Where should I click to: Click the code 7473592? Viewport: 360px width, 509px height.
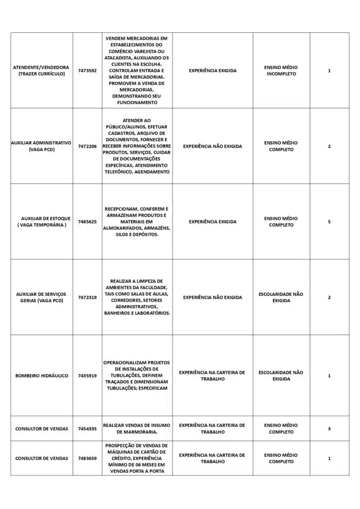pyautogui.click(x=87, y=71)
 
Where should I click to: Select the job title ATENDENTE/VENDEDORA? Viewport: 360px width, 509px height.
pyautogui.click(x=41, y=67)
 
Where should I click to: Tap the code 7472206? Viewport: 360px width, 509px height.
pyautogui.click(x=87, y=146)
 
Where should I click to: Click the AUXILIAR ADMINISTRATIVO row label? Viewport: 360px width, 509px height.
pyautogui.click(x=41, y=143)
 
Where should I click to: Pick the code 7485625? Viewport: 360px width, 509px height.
pyautogui.click(x=87, y=222)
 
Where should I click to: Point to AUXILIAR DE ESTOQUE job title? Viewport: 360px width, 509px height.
pyautogui.click(x=46, y=218)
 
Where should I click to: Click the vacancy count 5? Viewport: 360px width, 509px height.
pyautogui.click(x=329, y=222)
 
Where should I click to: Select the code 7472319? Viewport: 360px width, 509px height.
pyautogui.click(x=87, y=297)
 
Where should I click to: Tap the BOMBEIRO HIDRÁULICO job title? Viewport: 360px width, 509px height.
pyautogui.click(x=42, y=376)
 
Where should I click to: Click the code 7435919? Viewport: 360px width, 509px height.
pyautogui.click(x=87, y=376)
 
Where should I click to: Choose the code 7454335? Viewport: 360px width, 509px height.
pyautogui.click(x=87, y=428)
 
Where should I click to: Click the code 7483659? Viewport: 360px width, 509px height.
pyautogui.click(x=87, y=458)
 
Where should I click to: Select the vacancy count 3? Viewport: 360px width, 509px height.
pyautogui.click(x=329, y=428)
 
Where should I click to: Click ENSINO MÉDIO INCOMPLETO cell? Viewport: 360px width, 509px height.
pyautogui.click(x=281, y=71)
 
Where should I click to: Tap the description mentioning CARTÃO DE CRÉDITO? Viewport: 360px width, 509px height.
pyautogui.click(x=137, y=458)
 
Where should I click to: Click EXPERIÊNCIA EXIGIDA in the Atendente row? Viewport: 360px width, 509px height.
pyautogui.click(x=212, y=71)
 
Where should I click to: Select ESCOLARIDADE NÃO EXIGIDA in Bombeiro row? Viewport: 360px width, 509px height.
pyautogui.click(x=281, y=376)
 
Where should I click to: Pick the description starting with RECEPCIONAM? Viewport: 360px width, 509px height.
pyautogui.click(x=137, y=222)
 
